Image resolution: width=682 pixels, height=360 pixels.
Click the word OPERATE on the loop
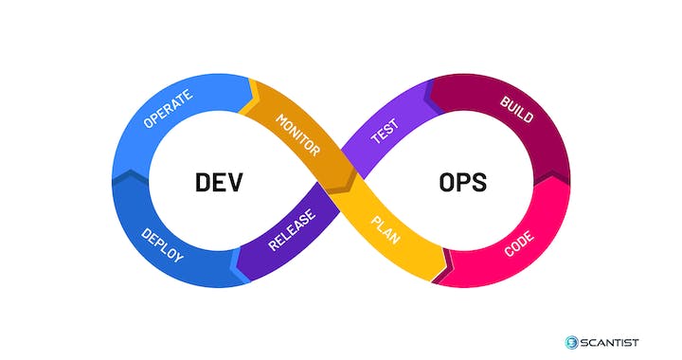[168, 109]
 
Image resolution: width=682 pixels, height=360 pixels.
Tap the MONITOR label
[296, 135]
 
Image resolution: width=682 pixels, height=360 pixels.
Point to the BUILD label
[515, 110]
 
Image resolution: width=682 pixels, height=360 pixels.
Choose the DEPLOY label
[162, 243]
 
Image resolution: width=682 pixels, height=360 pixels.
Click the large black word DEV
[219, 181]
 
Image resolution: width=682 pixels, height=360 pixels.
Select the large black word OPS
[462, 181]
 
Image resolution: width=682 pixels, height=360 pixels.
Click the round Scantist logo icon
[571, 341]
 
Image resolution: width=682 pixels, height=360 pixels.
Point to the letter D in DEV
[202, 181]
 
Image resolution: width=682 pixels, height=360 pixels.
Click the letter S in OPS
[480, 181]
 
